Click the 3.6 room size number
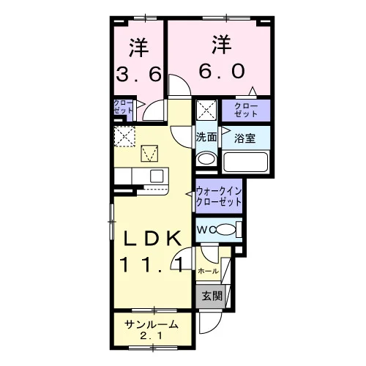[x=138, y=74]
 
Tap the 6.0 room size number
[x=222, y=71]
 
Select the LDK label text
[x=153, y=238]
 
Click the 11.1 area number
[x=152, y=264]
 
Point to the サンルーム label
[x=152, y=324]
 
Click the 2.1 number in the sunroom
[x=152, y=336]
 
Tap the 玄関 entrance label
[x=212, y=296]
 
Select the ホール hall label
[x=208, y=271]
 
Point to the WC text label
[x=206, y=230]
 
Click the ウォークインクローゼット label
[x=219, y=196]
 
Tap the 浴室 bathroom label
[x=244, y=138]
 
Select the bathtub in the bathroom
[x=246, y=162]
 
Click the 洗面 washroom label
[x=206, y=138]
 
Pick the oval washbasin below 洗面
[x=206, y=159]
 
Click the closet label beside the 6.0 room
[x=246, y=110]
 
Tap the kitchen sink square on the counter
[x=157, y=176]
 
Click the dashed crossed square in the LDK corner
[x=124, y=136]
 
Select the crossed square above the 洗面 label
[x=206, y=110]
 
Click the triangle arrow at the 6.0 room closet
[x=253, y=91]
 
